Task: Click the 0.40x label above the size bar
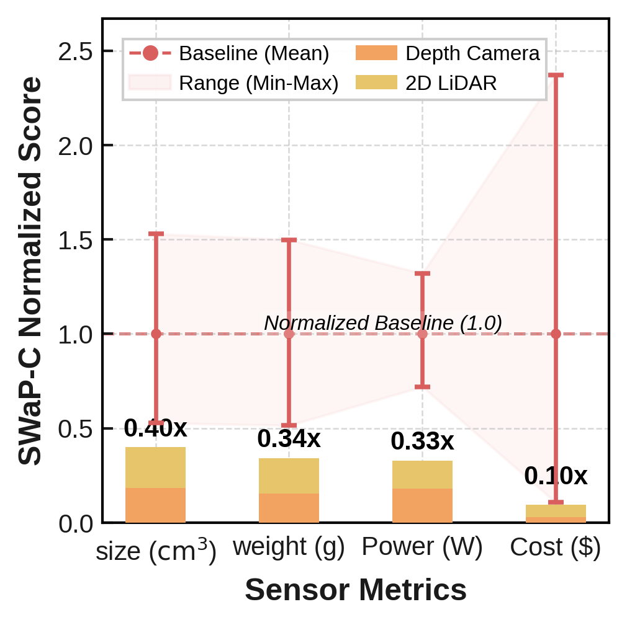(x=155, y=428)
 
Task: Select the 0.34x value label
(x=289, y=439)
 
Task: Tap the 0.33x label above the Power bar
(x=422, y=441)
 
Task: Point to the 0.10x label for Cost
(x=556, y=476)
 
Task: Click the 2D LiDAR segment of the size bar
(x=155, y=468)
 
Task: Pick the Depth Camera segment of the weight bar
(x=289, y=508)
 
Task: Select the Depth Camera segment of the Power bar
(x=422, y=505)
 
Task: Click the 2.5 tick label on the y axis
(x=75, y=51)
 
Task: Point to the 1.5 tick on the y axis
(x=75, y=240)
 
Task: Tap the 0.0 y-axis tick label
(x=75, y=524)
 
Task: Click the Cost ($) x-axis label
(x=556, y=547)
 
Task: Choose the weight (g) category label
(x=289, y=547)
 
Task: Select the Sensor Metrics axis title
(x=356, y=590)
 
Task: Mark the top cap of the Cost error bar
(x=556, y=75)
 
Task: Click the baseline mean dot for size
(x=156, y=334)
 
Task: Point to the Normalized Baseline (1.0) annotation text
(x=382, y=323)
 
